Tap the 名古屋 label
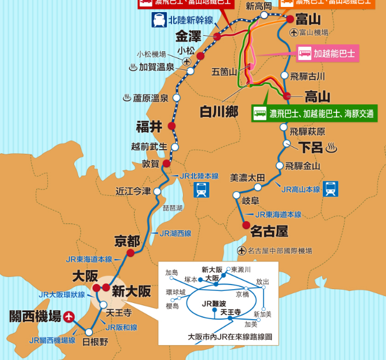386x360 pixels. tap(269, 232)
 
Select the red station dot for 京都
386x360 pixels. tap(131, 252)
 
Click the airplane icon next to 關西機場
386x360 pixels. tap(70, 316)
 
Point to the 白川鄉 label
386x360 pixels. tap(219, 112)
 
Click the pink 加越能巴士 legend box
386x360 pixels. tap(327, 54)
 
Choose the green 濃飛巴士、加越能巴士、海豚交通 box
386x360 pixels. tap(314, 113)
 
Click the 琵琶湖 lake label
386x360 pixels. tap(173, 207)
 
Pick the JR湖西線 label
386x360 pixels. tap(175, 233)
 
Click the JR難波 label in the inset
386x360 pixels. tap(214, 303)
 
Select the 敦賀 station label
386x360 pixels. tap(150, 164)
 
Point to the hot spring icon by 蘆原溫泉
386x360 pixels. tap(127, 98)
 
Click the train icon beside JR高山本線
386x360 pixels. tap(330, 188)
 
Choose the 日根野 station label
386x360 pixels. tap(95, 341)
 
